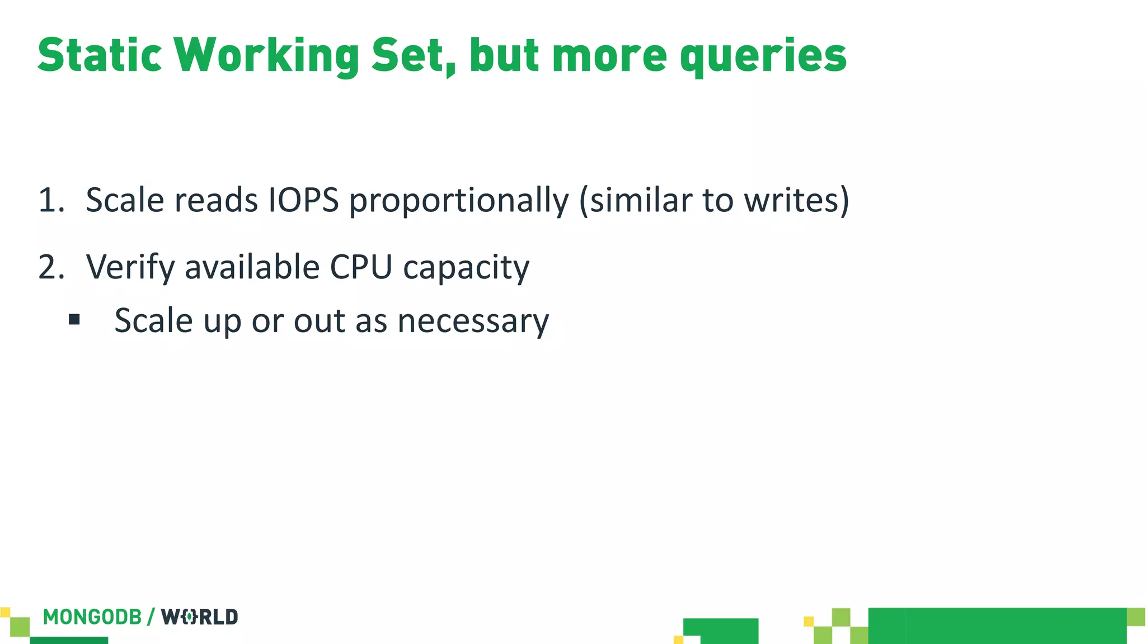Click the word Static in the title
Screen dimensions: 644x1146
(100, 55)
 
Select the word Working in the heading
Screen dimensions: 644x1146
(266, 55)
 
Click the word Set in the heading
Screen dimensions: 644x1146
(414, 55)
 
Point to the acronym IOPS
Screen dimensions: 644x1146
(304, 200)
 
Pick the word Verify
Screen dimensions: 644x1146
(130, 267)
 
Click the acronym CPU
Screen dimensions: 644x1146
(361, 267)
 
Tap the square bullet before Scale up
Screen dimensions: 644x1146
(74, 320)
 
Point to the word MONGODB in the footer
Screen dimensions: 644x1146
(92, 617)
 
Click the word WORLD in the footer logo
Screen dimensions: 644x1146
(200, 617)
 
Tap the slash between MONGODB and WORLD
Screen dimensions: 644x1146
(151, 617)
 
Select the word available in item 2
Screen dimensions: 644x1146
(252, 267)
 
